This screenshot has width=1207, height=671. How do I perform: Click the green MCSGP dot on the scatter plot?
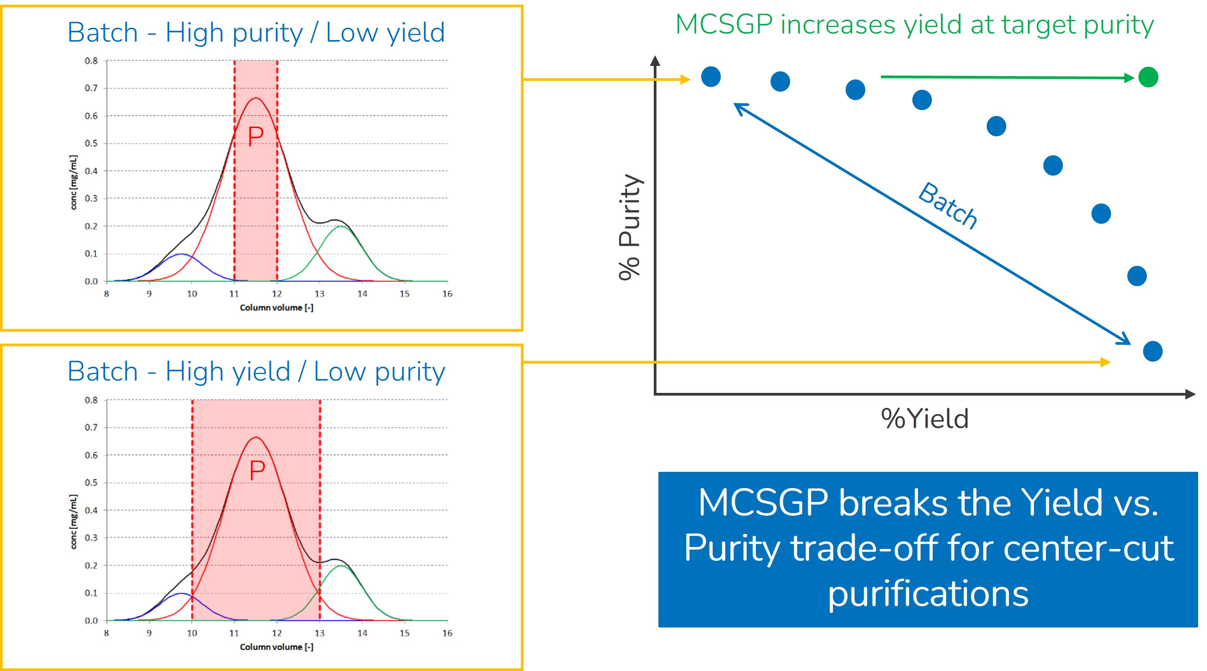point(1148,77)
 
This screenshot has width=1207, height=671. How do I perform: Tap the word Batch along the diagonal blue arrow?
point(947,206)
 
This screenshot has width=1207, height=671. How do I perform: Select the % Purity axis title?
point(629,227)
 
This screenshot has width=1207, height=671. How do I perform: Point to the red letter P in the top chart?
point(256,137)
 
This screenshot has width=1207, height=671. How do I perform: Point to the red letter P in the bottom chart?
point(257,470)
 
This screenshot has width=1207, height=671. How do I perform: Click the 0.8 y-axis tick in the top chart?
point(91,61)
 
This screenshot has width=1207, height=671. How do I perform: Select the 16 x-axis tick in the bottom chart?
point(447,633)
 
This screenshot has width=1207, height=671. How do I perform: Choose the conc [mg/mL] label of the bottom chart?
point(74,521)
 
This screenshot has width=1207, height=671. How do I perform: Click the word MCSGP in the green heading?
point(724,25)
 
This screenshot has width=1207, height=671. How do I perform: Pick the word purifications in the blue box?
point(928,594)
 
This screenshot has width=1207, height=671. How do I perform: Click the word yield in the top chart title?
point(416,33)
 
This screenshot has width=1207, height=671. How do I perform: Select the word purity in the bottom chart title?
point(410,372)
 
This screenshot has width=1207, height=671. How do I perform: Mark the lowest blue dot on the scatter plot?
point(1152,351)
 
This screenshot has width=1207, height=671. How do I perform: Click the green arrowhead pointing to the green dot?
point(1129,78)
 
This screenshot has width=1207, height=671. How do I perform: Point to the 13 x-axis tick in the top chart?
point(319,294)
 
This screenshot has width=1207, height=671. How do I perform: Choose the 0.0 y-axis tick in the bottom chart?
point(91,621)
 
